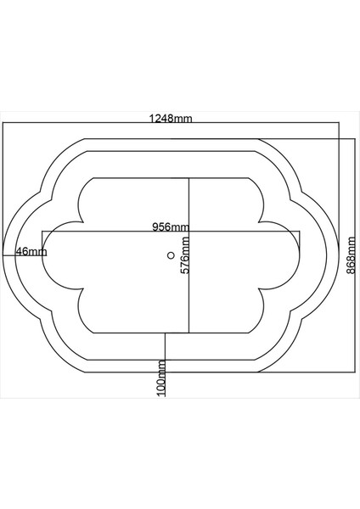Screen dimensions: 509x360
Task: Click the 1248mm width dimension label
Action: pyautogui.click(x=172, y=119)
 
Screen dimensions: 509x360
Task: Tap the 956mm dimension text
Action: pyautogui.click(x=171, y=227)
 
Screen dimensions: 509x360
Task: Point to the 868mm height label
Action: pyautogui.click(x=351, y=255)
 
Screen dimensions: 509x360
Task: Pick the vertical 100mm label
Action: pyautogui.click(x=161, y=378)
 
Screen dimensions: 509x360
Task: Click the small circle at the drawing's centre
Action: pyautogui.click(x=171, y=255)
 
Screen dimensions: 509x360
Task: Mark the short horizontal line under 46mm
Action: pyautogui.click(x=23, y=255)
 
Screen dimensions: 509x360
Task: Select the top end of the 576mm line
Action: pyautogui.click(x=188, y=177)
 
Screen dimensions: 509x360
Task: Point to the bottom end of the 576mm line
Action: pyautogui.click(x=188, y=333)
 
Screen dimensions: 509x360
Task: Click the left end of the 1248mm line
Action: pyautogui.click(x=3, y=124)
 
